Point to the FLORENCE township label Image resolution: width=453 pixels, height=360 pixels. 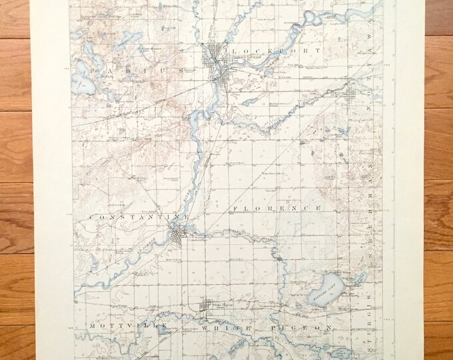[276, 209]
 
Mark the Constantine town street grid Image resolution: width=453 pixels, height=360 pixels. [177, 235]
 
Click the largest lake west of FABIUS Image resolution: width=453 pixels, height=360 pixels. [83, 80]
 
